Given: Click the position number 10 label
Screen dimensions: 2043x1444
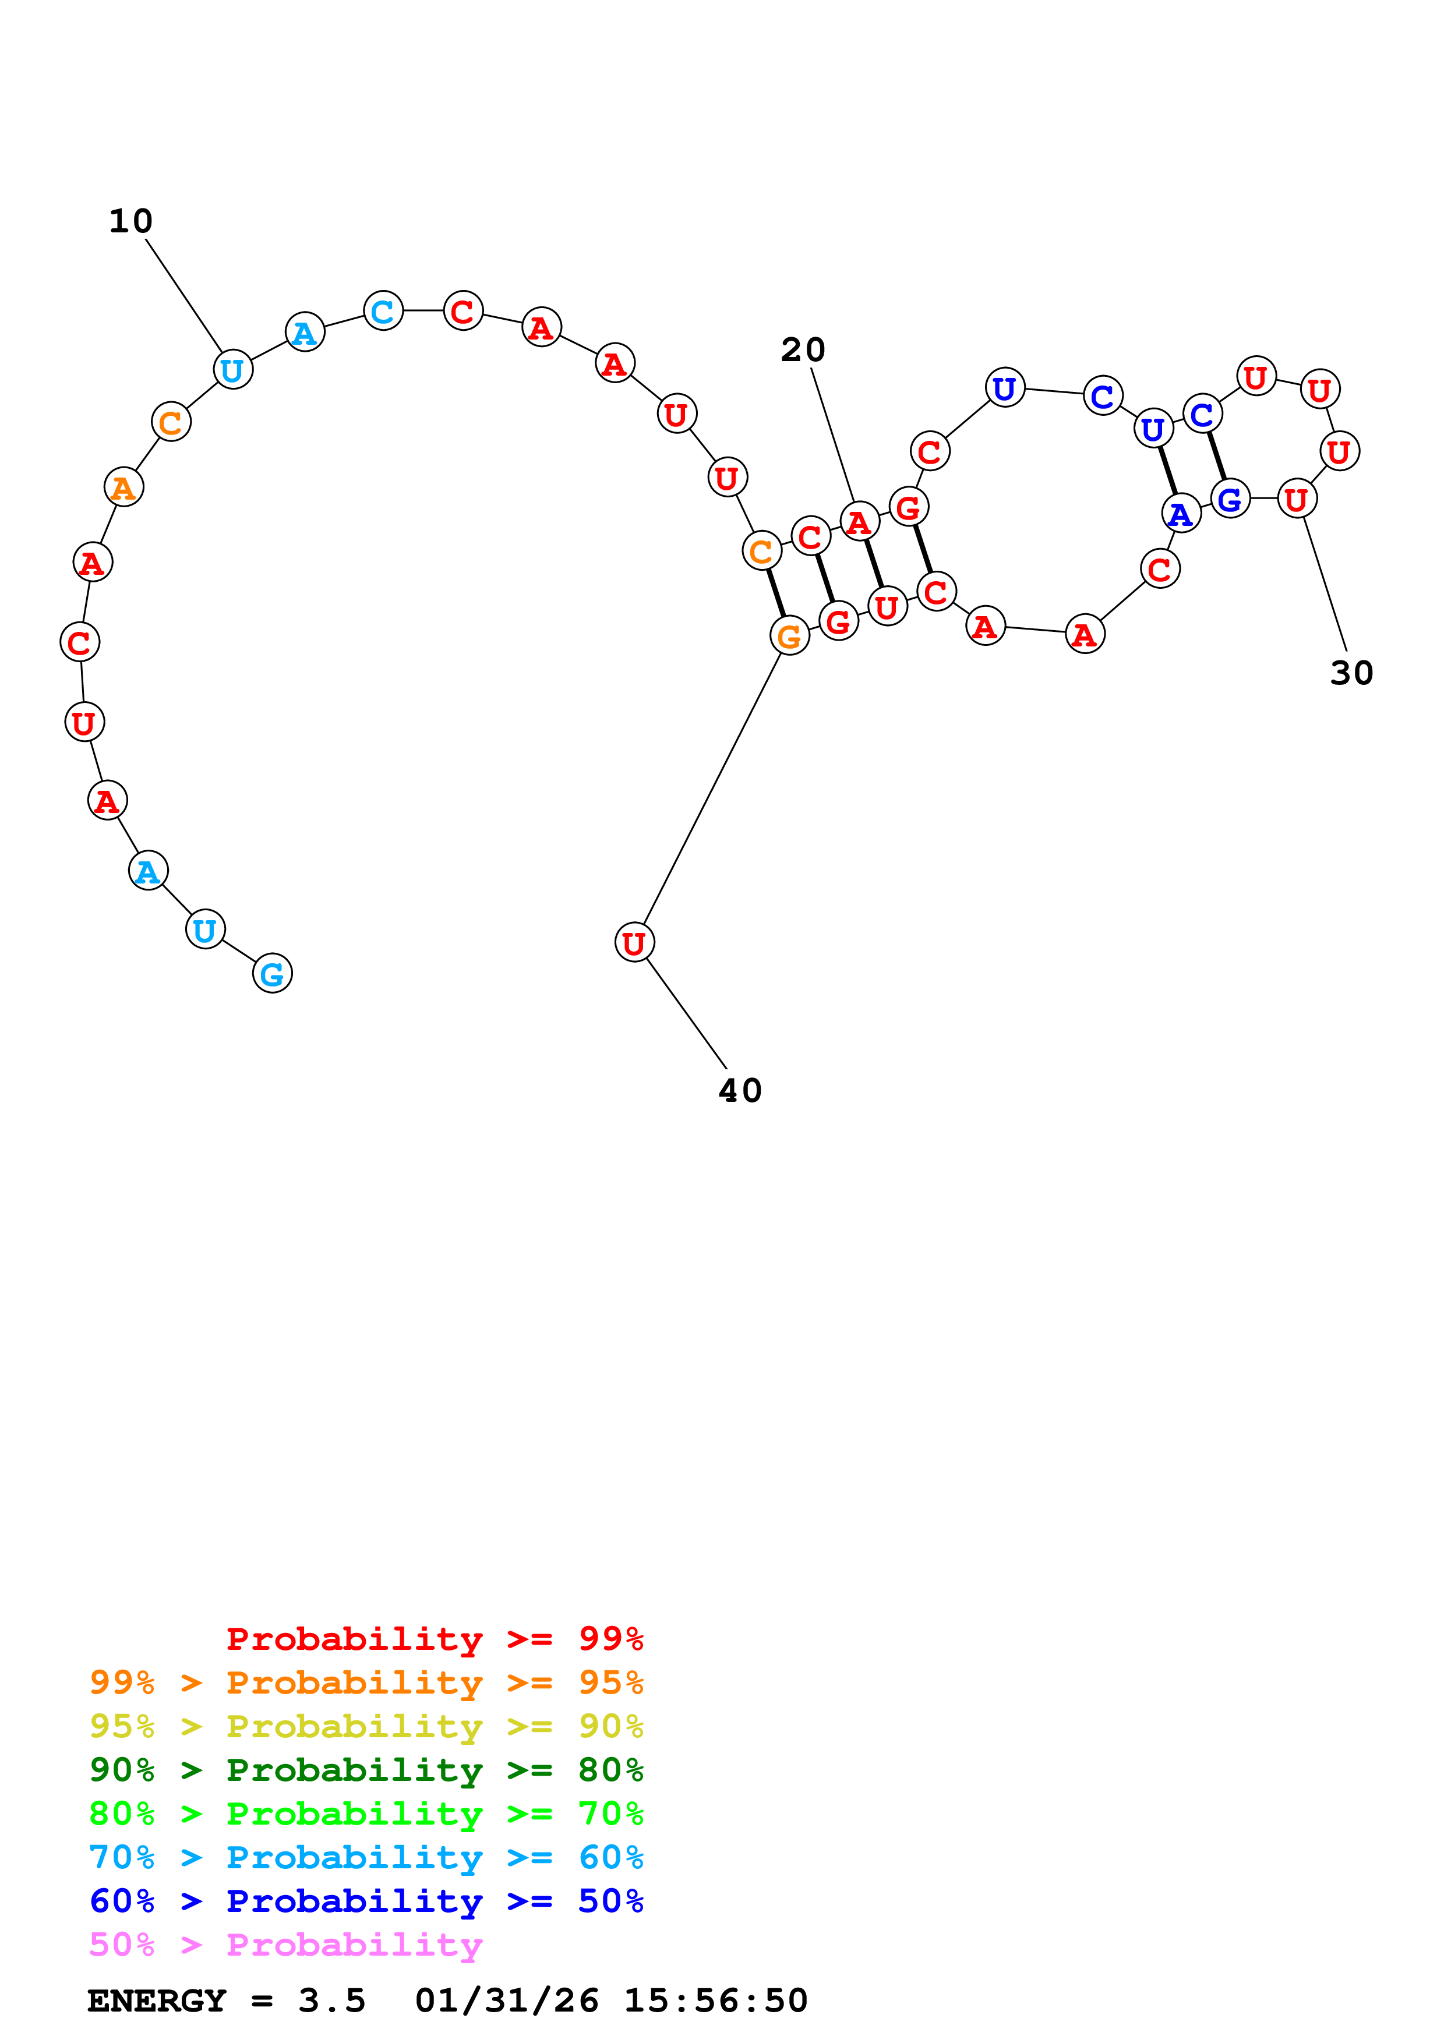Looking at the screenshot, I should (131, 221).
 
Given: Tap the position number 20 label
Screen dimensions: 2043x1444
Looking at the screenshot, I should (803, 349).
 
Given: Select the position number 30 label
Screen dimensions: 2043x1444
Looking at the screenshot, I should (1351, 673).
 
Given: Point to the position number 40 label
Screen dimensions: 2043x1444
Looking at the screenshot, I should (739, 1090).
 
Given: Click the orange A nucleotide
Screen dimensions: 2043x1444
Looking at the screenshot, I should (123, 487).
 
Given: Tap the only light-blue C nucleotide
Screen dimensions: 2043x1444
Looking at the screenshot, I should (383, 312).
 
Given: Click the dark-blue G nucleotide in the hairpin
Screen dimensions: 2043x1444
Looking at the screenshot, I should (1230, 499).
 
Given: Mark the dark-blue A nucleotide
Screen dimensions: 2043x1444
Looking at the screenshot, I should (1181, 514).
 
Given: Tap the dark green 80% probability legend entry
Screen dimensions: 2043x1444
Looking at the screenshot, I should (366, 1770).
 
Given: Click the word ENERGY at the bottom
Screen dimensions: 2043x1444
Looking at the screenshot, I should (157, 2000).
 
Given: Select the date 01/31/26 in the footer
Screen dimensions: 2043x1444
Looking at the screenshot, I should (506, 2000).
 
